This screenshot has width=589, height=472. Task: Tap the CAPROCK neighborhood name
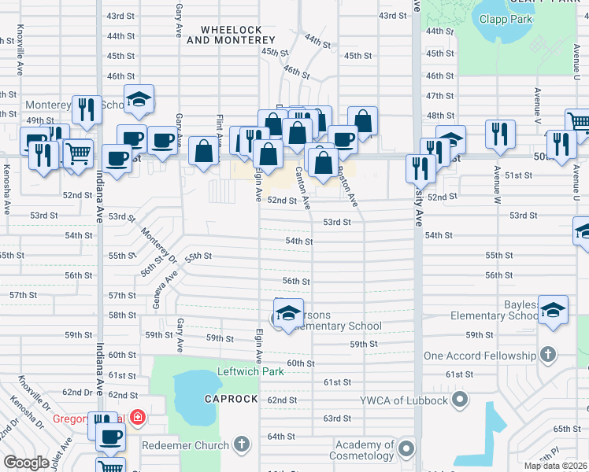[231, 399]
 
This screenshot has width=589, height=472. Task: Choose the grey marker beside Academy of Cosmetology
[406, 449]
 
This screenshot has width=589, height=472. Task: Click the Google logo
[26, 463]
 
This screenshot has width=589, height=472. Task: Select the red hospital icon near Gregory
[138, 416]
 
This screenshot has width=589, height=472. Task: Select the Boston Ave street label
[347, 186]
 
